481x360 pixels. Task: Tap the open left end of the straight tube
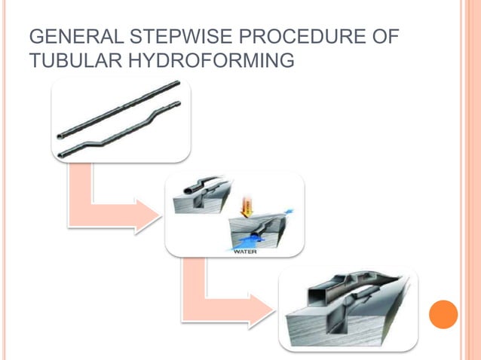pyautogui.click(x=61, y=136)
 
